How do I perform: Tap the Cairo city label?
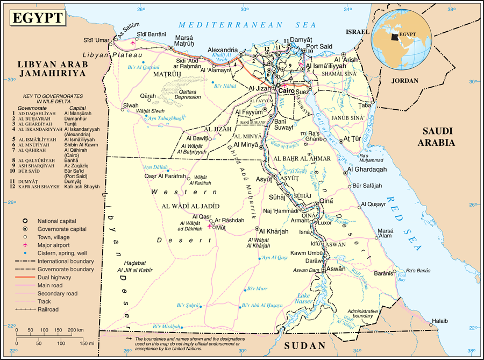tap(287, 90)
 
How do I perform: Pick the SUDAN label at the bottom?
tap(305, 345)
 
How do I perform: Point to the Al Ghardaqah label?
tap(367, 169)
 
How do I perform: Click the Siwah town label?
tap(131, 105)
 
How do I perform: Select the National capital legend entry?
tap(56, 221)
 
